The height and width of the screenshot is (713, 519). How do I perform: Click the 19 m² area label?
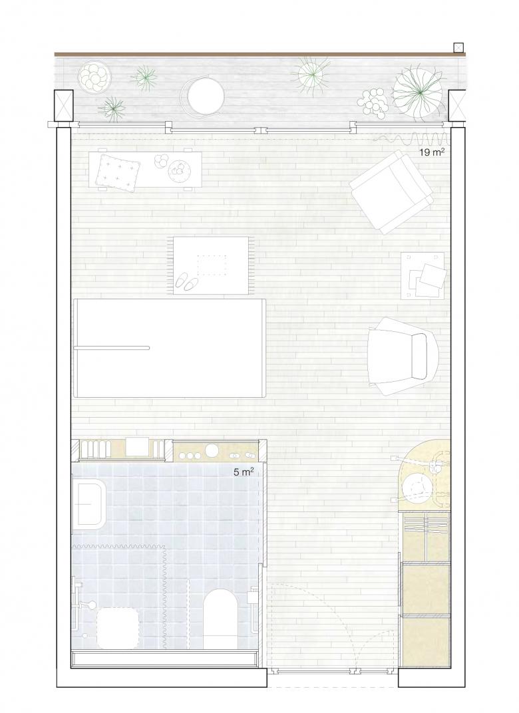click(x=431, y=152)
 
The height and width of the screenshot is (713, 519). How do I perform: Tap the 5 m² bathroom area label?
click(x=244, y=472)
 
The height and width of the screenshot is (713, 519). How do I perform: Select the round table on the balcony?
click(x=206, y=96)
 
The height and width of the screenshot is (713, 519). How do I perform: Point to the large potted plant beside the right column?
click(x=417, y=93)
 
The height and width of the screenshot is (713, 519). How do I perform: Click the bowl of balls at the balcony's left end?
click(x=94, y=76)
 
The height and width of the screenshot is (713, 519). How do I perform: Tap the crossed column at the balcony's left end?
click(x=64, y=106)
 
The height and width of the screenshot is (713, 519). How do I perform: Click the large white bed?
click(x=169, y=348)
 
